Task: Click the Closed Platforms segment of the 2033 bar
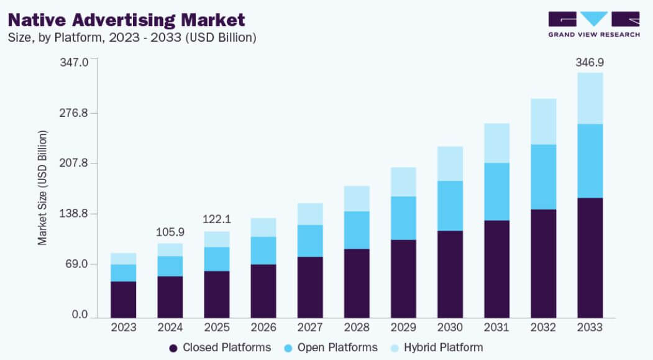[x=590, y=257]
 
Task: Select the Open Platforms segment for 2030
[x=450, y=206]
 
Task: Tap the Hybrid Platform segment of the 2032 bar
[x=544, y=121]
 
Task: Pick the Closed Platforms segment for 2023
[x=123, y=299]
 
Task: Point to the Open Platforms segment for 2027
[x=310, y=241]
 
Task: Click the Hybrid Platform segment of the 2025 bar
[x=217, y=239]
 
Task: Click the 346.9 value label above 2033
[x=590, y=63]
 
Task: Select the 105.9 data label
[x=170, y=232]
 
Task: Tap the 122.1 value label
[x=217, y=219]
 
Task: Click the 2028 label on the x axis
[x=357, y=327]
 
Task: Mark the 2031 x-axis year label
[x=497, y=327]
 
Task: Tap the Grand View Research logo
[x=593, y=24]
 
